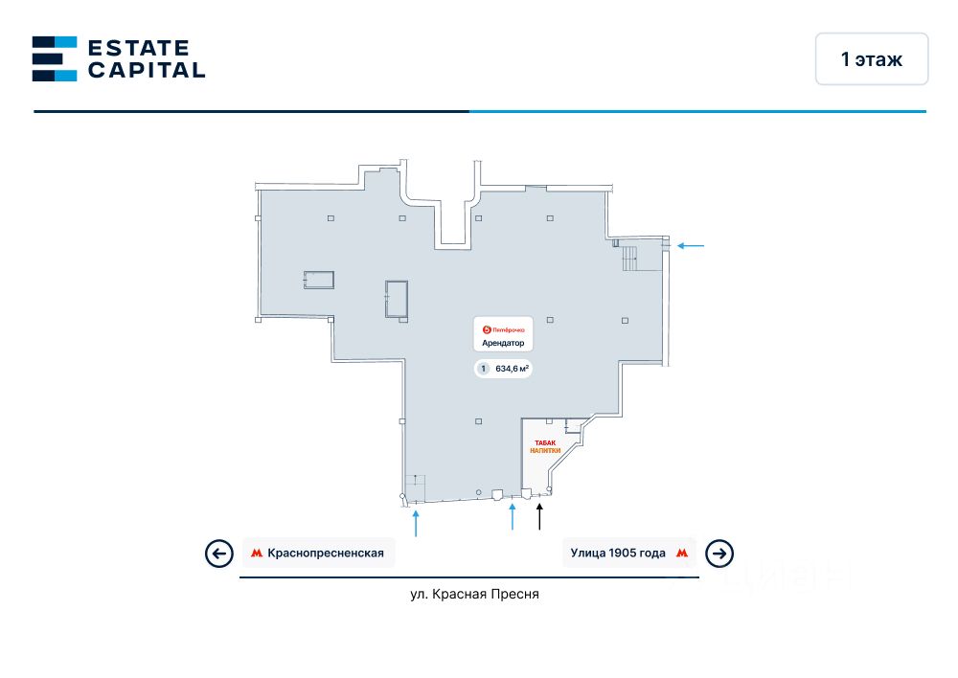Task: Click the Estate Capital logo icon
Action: [54, 58]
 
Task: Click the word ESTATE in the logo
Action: [138, 48]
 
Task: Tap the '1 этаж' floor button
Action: [871, 59]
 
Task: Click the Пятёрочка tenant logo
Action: [502, 329]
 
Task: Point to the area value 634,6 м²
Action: [513, 369]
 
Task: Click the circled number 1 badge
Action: [484, 369]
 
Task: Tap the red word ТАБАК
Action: [544, 442]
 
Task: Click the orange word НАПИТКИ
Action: [544, 450]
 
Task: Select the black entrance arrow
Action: [539, 517]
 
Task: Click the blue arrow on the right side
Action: [691, 246]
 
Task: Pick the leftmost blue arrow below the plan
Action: [416, 523]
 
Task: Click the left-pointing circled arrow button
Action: [219, 554]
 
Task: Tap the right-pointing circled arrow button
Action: [719, 554]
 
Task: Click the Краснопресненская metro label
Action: [326, 553]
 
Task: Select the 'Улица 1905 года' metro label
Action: [618, 553]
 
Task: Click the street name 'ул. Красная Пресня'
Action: [474, 594]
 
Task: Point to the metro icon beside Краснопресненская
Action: [257, 553]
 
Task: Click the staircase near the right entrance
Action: [630, 257]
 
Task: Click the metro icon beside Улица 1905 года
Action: [682, 553]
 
